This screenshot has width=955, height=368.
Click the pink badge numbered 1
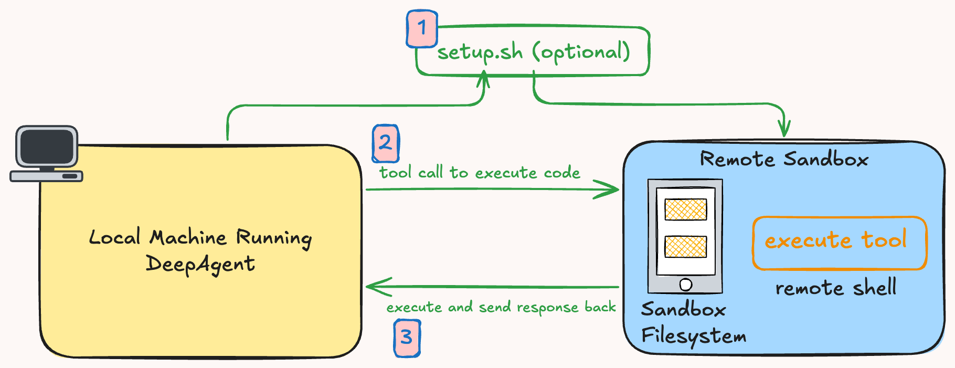pos(422,28)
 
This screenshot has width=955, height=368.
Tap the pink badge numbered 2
pos(386,143)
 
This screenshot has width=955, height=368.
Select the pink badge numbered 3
pos(407,338)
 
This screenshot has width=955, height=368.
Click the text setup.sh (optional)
pos(533,52)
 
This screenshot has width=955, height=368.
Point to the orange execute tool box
pos(839,243)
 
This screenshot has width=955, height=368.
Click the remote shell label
pos(835,288)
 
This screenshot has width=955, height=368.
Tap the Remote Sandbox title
pos(784,159)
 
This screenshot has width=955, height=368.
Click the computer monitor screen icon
pos(46,146)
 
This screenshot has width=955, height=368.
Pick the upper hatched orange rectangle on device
pos(685,209)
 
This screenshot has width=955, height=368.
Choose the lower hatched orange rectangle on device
pos(685,247)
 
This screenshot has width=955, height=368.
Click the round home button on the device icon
pos(685,285)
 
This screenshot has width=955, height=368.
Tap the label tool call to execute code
pos(480,173)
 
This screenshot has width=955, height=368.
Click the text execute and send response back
pos(501,307)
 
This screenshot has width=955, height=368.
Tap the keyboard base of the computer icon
pos(46,176)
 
